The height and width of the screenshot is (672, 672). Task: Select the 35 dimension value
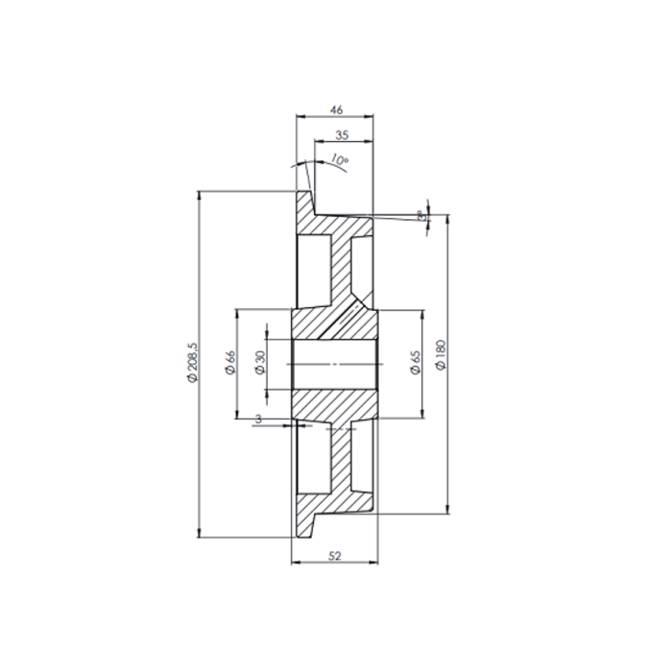pos(343,136)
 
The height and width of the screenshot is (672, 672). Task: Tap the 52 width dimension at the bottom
pos(335,556)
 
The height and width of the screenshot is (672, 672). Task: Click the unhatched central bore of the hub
pos(336,365)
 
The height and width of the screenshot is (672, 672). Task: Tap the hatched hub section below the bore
pos(335,405)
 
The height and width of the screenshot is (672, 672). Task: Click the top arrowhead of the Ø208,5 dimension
pos(199,194)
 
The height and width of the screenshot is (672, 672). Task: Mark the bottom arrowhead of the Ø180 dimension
pos(448,510)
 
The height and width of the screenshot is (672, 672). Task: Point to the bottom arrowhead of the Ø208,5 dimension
pos(199,534)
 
